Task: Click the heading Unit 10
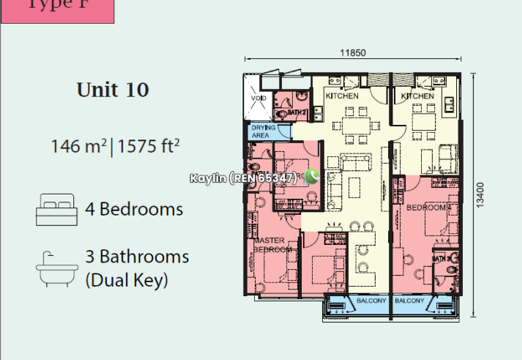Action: pos(113,89)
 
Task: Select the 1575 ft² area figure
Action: pos(148,145)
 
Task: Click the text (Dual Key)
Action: pos(127,281)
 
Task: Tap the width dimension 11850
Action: pos(352,53)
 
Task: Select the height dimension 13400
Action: pos(481,195)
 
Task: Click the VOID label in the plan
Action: pos(256,100)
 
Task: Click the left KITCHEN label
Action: pos(342,96)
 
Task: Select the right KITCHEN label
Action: pos(418,96)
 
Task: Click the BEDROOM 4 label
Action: pos(428,207)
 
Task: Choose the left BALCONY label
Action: pos(372,301)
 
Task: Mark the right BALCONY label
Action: pos(410,301)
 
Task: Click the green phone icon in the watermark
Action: pos(311,177)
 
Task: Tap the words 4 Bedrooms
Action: pos(134,209)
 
